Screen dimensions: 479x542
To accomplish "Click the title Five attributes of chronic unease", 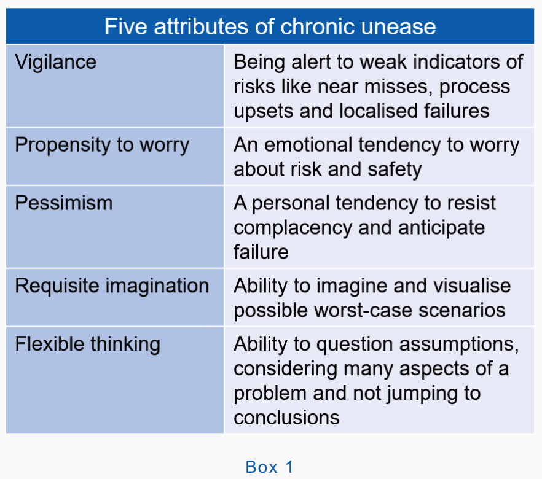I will click(270, 27).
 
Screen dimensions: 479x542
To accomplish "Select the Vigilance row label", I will click(55, 62).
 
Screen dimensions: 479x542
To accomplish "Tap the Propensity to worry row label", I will click(102, 146).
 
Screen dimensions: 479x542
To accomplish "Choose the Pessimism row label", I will click(64, 203).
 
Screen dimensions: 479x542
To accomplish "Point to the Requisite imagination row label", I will click(112, 286).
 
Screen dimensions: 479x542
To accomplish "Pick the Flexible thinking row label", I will click(87, 344).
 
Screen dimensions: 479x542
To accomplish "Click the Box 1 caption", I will click(270, 467).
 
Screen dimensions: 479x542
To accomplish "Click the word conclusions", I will click(286, 418).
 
